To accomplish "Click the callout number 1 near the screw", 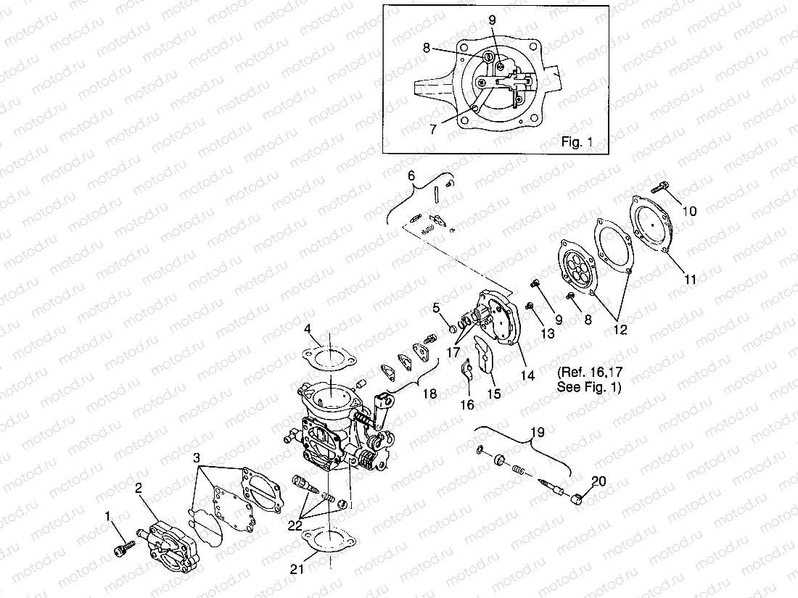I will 108,517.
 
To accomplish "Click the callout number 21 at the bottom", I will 296,569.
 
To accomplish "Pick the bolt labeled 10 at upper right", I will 660,188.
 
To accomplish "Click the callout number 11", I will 691,278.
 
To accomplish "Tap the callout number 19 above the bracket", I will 537,433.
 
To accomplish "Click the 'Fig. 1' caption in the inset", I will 577,142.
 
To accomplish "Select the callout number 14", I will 527,375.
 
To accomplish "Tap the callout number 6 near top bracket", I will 411,176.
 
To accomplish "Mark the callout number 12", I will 620,330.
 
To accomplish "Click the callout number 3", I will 197,459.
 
